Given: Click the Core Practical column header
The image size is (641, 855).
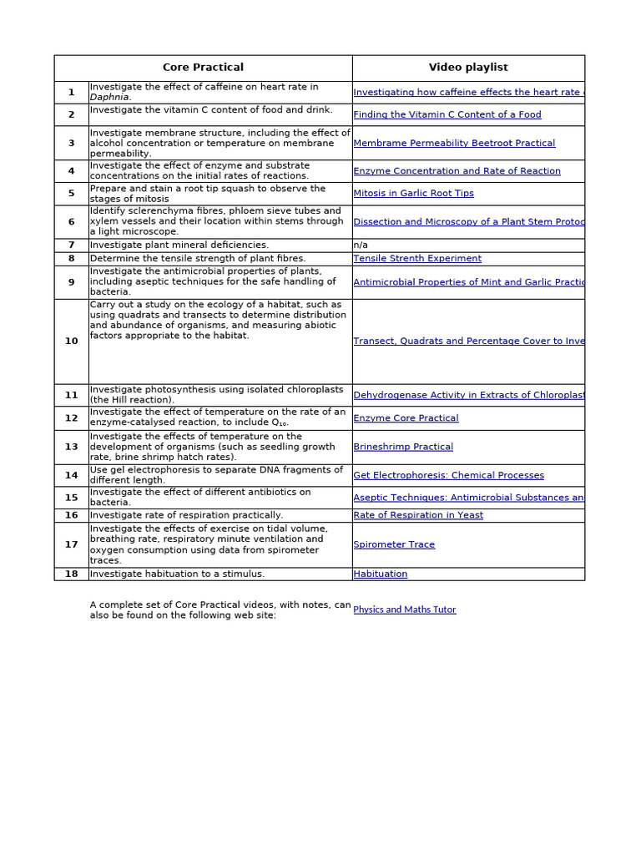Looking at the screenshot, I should pos(203,68).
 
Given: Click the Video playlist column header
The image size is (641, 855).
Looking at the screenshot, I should pos(467,68).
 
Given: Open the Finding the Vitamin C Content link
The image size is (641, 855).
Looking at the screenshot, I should pos(447,115).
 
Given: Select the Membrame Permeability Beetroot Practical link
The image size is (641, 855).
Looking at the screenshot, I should pos(454,144).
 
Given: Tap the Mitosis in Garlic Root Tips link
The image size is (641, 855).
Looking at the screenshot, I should pos(413,194).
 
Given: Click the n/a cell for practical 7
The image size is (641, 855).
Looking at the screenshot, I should pos(361,245).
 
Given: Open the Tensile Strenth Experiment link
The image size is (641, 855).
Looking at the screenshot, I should pos(417,259).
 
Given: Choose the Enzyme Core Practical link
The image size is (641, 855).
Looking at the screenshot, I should pos(406,418).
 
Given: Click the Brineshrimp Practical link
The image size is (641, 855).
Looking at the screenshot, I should pos(403,448).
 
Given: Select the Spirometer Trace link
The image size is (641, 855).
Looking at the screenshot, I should pos(394,545).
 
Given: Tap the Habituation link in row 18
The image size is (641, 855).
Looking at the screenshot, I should pos(381,574).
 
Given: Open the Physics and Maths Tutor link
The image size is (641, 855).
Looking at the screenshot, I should pos(405,610).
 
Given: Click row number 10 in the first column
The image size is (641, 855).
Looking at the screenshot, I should pos(72,341).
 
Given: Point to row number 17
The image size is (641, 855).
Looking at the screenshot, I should pos(72,545).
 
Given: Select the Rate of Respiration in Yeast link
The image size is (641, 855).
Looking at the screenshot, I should pos(418,516).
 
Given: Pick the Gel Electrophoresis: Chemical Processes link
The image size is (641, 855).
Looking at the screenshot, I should pos(448,476).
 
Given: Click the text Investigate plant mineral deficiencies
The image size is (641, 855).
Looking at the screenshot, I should pos(179,245).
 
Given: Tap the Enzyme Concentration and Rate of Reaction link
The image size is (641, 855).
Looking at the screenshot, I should pos(457,171).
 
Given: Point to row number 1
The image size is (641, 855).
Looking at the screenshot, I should pos(72,93).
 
